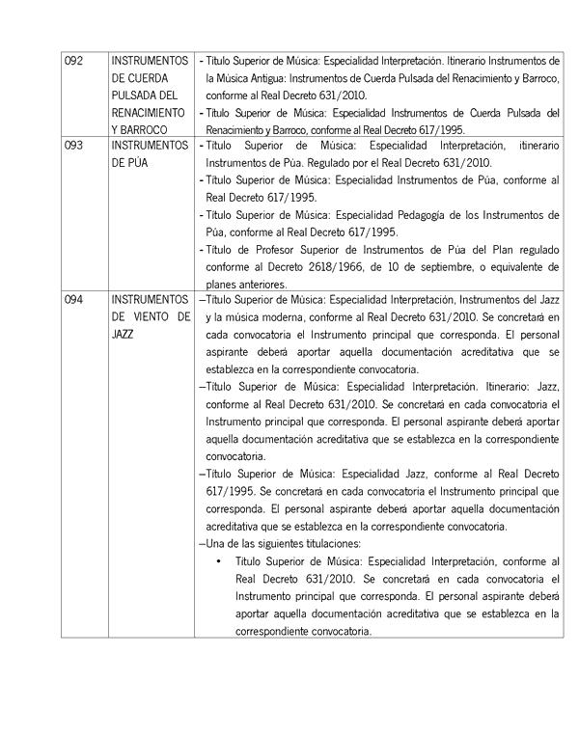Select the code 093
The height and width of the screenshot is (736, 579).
74,145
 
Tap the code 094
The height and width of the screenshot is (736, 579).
74,300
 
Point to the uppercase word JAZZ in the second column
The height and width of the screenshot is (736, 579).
124,334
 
